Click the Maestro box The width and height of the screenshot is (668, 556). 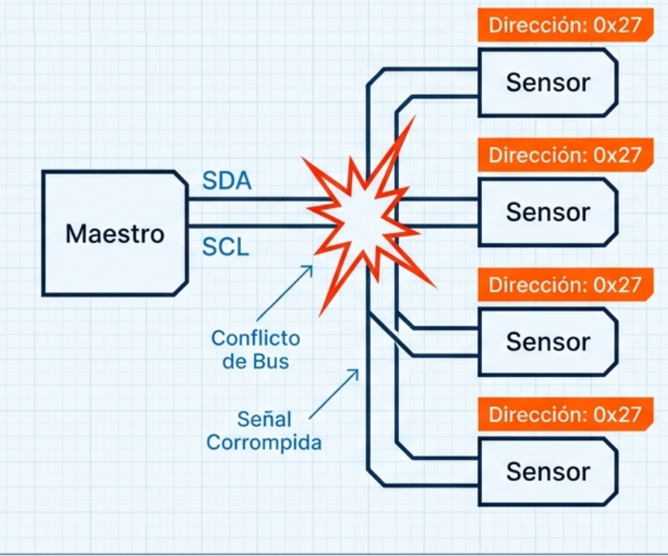[114, 234]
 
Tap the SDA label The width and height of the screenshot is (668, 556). [226, 181]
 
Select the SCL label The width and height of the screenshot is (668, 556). [225, 247]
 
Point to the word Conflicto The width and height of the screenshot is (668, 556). [255, 338]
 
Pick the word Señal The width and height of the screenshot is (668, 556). [265, 419]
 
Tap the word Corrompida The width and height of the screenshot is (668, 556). [264, 442]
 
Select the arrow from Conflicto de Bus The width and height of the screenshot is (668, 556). [284, 295]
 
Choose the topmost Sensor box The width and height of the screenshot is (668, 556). [547, 82]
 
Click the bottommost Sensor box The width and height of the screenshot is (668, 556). [547, 471]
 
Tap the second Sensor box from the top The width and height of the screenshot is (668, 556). [547, 212]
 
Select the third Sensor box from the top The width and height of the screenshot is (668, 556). [547, 341]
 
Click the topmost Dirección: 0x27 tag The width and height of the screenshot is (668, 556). [565, 25]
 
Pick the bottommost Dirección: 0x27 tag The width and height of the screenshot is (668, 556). [565, 415]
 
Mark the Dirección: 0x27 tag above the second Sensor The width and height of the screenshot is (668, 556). [565, 155]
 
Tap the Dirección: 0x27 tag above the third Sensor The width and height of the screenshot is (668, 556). [565, 285]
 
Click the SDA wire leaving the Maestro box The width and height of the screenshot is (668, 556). [247, 200]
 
